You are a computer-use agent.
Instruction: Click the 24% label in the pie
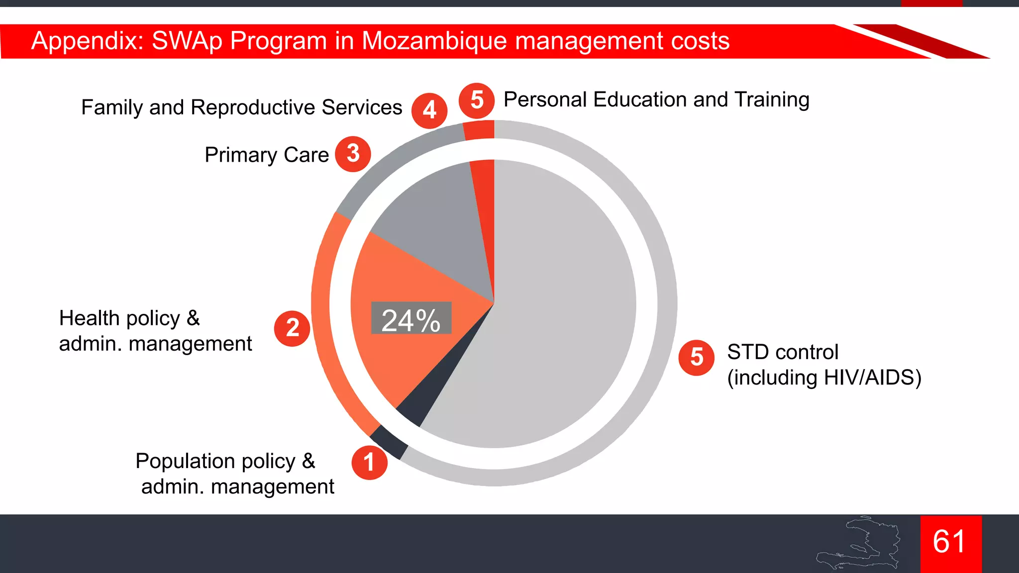pos(411,318)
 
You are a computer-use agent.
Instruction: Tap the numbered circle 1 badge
pos(369,462)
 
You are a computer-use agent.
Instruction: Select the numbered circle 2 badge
pos(292,328)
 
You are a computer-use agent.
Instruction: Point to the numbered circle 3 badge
pos(353,154)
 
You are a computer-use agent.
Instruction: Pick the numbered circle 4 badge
pos(429,110)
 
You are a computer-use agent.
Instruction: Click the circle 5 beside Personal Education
pos(476,100)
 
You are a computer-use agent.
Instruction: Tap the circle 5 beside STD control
pos(696,357)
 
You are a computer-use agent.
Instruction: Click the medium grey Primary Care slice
pos(438,224)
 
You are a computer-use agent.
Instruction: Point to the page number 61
pos(950,542)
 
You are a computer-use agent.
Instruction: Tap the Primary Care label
pos(267,155)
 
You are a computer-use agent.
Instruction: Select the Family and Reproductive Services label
pos(241,107)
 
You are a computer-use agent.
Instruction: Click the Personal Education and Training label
pos(656,100)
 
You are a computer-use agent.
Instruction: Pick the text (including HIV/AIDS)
pos(824,378)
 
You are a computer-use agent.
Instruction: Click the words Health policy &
pos(129,318)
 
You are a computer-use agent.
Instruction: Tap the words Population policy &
pos(225,461)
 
